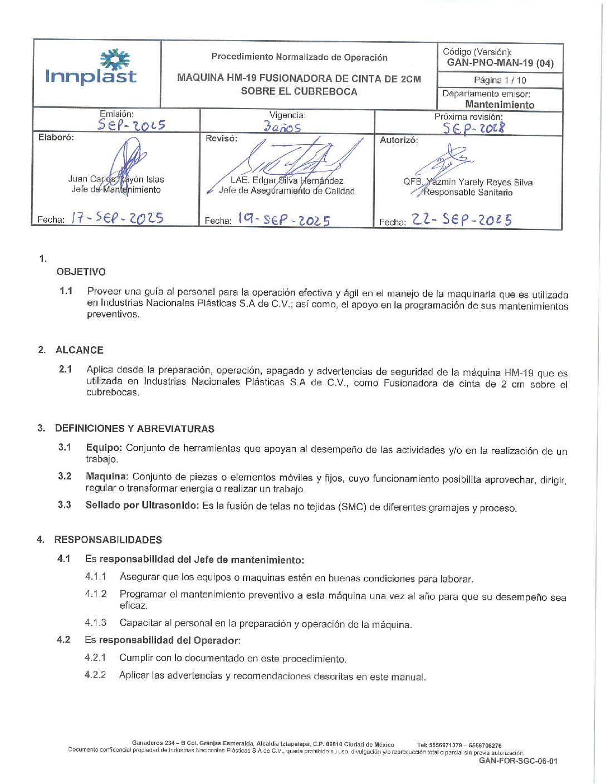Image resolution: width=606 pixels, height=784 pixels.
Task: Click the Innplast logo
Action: tap(91, 67)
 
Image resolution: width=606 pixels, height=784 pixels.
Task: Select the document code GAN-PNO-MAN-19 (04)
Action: tap(500, 63)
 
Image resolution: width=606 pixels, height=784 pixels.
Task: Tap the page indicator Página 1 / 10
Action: tap(500, 80)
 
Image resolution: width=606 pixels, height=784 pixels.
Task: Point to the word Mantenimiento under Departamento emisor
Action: tap(500, 105)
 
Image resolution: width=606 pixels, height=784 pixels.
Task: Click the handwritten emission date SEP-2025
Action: tap(131, 125)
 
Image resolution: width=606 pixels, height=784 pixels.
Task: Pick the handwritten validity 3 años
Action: tap(282, 127)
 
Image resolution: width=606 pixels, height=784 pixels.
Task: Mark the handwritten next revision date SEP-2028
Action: tap(474, 128)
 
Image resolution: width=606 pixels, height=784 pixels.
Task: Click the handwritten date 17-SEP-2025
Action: tap(117, 218)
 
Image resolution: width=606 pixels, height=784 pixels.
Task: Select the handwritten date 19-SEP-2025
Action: tap(284, 219)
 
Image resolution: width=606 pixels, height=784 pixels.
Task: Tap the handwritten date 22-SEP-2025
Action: tap(462, 220)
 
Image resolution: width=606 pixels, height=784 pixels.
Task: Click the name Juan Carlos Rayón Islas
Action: tap(116, 179)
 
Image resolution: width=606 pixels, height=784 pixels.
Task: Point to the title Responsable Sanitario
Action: tap(468, 193)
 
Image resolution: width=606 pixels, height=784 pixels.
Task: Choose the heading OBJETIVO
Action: tap(81, 272)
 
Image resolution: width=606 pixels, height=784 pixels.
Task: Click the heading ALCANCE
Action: tap(79, 350)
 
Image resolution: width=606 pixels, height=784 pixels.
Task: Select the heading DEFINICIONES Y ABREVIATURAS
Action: tap(134, 429)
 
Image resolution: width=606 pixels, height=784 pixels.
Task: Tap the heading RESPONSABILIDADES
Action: tap(108, 540)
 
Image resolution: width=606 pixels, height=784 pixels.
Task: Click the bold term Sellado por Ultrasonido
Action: tap(141, 506)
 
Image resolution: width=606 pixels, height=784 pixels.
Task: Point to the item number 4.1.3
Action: tap(95, 623)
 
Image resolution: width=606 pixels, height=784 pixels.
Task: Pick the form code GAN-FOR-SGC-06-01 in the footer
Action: tap(518, 761)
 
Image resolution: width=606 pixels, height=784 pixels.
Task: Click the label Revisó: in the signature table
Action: tap(221, 139)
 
